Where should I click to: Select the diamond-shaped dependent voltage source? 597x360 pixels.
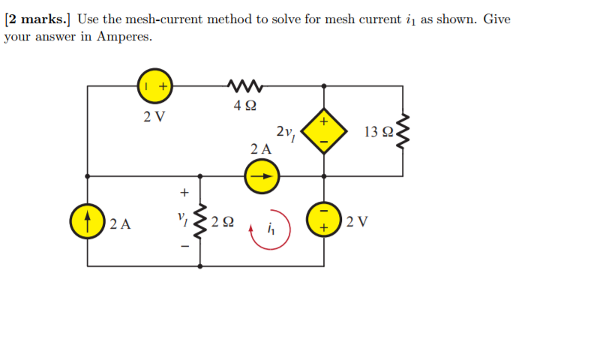(324, 131)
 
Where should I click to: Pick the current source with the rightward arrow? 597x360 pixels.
(262, 177)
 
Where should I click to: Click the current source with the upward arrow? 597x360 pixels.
(88, 220)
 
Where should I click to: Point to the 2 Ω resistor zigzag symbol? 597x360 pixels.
(200, 222)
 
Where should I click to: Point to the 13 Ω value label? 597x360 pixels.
(377, 133)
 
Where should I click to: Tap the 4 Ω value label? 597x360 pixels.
(243, 106)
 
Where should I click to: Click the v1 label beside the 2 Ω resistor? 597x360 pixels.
(181, 219)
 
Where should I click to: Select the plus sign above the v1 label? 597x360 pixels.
(181, 191)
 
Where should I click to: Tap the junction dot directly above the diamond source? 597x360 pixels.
(324, 86)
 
